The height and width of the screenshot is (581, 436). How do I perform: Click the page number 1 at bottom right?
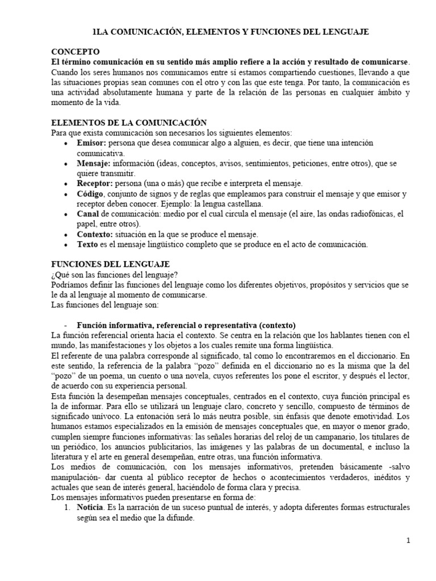[408, 541]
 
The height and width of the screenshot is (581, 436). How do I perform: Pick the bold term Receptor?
[96, 183]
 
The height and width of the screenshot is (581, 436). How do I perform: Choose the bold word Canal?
[88, 214]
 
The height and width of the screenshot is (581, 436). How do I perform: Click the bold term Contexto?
[95, 234]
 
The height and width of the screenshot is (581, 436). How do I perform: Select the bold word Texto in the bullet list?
[88, 245]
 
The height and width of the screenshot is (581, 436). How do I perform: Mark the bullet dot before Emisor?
[68, 144]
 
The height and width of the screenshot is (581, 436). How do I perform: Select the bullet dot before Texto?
[68, 245]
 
